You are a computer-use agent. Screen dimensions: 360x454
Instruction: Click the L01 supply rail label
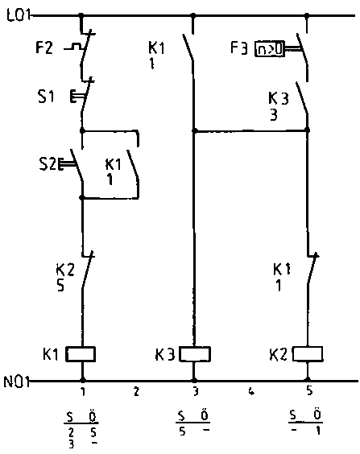[19, 15]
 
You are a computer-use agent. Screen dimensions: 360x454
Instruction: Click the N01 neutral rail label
[16, 382]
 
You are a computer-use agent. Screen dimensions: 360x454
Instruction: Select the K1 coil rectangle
[81, 354]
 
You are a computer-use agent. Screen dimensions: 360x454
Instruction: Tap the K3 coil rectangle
[195, 354]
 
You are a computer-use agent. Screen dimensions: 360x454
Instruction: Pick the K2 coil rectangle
[308, 353]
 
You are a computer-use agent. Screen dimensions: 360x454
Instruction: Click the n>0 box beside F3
[269, 49]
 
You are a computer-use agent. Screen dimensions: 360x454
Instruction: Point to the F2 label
[44, 47]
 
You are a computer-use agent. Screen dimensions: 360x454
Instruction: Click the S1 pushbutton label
[46, 97]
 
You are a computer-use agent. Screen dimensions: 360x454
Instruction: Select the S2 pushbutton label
[48, 164]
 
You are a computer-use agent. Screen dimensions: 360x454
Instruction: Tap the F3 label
[239, 48]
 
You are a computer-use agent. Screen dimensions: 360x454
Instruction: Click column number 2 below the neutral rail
[136, 391]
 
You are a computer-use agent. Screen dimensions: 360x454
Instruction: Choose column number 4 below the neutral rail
[251, 391]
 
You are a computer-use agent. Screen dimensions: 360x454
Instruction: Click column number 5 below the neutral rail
[309, 391]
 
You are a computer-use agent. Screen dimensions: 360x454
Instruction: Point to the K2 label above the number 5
[65, 270]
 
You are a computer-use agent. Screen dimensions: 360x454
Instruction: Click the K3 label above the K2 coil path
[279, 98]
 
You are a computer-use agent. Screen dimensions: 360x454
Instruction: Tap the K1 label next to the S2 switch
[114, 164]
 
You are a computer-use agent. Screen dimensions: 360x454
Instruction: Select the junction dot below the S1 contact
[82, 130]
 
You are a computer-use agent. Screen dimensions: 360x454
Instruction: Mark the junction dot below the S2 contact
[82, 198]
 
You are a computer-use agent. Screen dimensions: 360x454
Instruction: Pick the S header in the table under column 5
[293, 415]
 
